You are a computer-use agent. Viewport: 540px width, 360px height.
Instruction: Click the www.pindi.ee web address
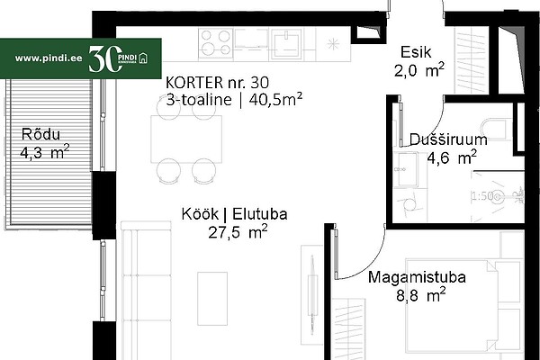click(49, 58)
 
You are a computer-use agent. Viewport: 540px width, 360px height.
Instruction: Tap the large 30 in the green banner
click(105, 58)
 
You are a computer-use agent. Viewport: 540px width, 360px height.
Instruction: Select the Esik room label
click(416, 52)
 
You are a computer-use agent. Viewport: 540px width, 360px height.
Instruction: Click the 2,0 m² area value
click(419, 70)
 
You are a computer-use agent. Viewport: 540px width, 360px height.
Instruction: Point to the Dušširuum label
click(448, 139)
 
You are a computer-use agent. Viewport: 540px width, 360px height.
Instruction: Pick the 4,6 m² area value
click(452, 157)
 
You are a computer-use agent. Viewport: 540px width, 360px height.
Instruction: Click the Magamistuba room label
click(417, 277)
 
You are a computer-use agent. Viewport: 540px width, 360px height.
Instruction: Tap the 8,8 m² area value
click(421, 295)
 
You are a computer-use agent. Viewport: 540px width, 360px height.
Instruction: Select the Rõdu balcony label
click(40, 134)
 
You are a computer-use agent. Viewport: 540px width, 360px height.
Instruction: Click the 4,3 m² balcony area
click(45, 152)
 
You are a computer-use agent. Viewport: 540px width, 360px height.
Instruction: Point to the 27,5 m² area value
click(238, 232)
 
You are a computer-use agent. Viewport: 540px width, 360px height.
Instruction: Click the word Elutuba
click(260, 214)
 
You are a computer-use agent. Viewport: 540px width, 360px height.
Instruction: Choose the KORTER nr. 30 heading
click(217, 83)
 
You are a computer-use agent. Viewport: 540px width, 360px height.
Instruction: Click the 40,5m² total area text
click(275, 100)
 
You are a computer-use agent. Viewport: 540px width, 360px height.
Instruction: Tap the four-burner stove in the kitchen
click(216, 43)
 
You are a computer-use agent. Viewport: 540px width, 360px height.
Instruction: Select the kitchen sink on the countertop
click(286, 44)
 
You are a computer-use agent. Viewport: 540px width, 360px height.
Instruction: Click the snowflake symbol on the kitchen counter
click(333, 44)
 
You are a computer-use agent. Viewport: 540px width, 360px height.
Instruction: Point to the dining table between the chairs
click(186, 139)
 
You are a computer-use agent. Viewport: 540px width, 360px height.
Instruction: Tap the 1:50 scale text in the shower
click(482, 196)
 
